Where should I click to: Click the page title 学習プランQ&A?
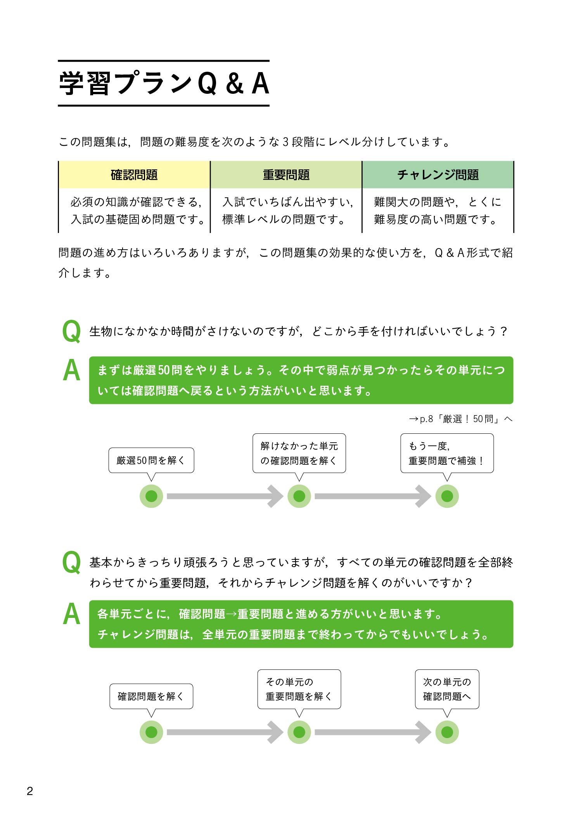(164, 83)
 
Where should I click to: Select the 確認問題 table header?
(134, 175)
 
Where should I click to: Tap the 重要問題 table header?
(286, 175)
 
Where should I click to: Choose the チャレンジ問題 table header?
(438, 175)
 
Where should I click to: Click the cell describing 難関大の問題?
(438, 210)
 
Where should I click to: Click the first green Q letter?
(72, 331)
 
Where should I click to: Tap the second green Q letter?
(72, 562)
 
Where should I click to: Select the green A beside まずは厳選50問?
(72, 371)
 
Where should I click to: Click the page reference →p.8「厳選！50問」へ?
(460, 419)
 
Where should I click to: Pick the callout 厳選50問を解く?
(151, 460)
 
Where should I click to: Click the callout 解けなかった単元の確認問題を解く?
(299, 453)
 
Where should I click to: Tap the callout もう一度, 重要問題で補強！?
(447, 453)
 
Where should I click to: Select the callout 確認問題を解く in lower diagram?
(151, 696)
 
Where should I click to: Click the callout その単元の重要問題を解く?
(299, 689)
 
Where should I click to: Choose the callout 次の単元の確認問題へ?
(447, 689)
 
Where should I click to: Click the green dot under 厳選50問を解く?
(151, 496)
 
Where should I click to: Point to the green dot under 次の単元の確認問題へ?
(447, 732)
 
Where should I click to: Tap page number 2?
(30, 791)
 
